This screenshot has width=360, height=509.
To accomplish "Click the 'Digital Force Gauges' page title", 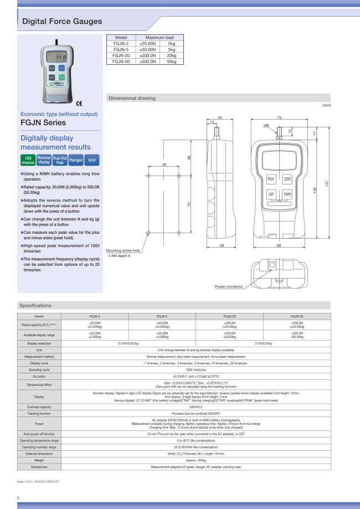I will coord(61,22).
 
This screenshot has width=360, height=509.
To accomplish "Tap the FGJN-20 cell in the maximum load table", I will coord(121,55).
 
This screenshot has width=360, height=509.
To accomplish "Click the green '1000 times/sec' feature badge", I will coord(27,160).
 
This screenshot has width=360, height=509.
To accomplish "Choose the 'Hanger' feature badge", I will coord(76,160).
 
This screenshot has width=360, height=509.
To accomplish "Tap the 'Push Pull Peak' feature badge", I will coord(60,160).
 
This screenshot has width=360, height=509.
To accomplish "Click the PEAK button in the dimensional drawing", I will coord(271,179).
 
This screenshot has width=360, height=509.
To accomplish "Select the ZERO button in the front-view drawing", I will coord(287,179).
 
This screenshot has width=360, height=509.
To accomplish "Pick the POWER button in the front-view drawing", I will coord(287,195).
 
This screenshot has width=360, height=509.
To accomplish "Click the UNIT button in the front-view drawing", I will coord(271,195).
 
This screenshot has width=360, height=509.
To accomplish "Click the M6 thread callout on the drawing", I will coord(266,126).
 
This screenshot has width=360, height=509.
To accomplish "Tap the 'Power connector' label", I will coord(229,287).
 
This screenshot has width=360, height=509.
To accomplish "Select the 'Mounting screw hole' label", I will coord(124,250).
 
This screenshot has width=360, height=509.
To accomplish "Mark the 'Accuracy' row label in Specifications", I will coord(39,376).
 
